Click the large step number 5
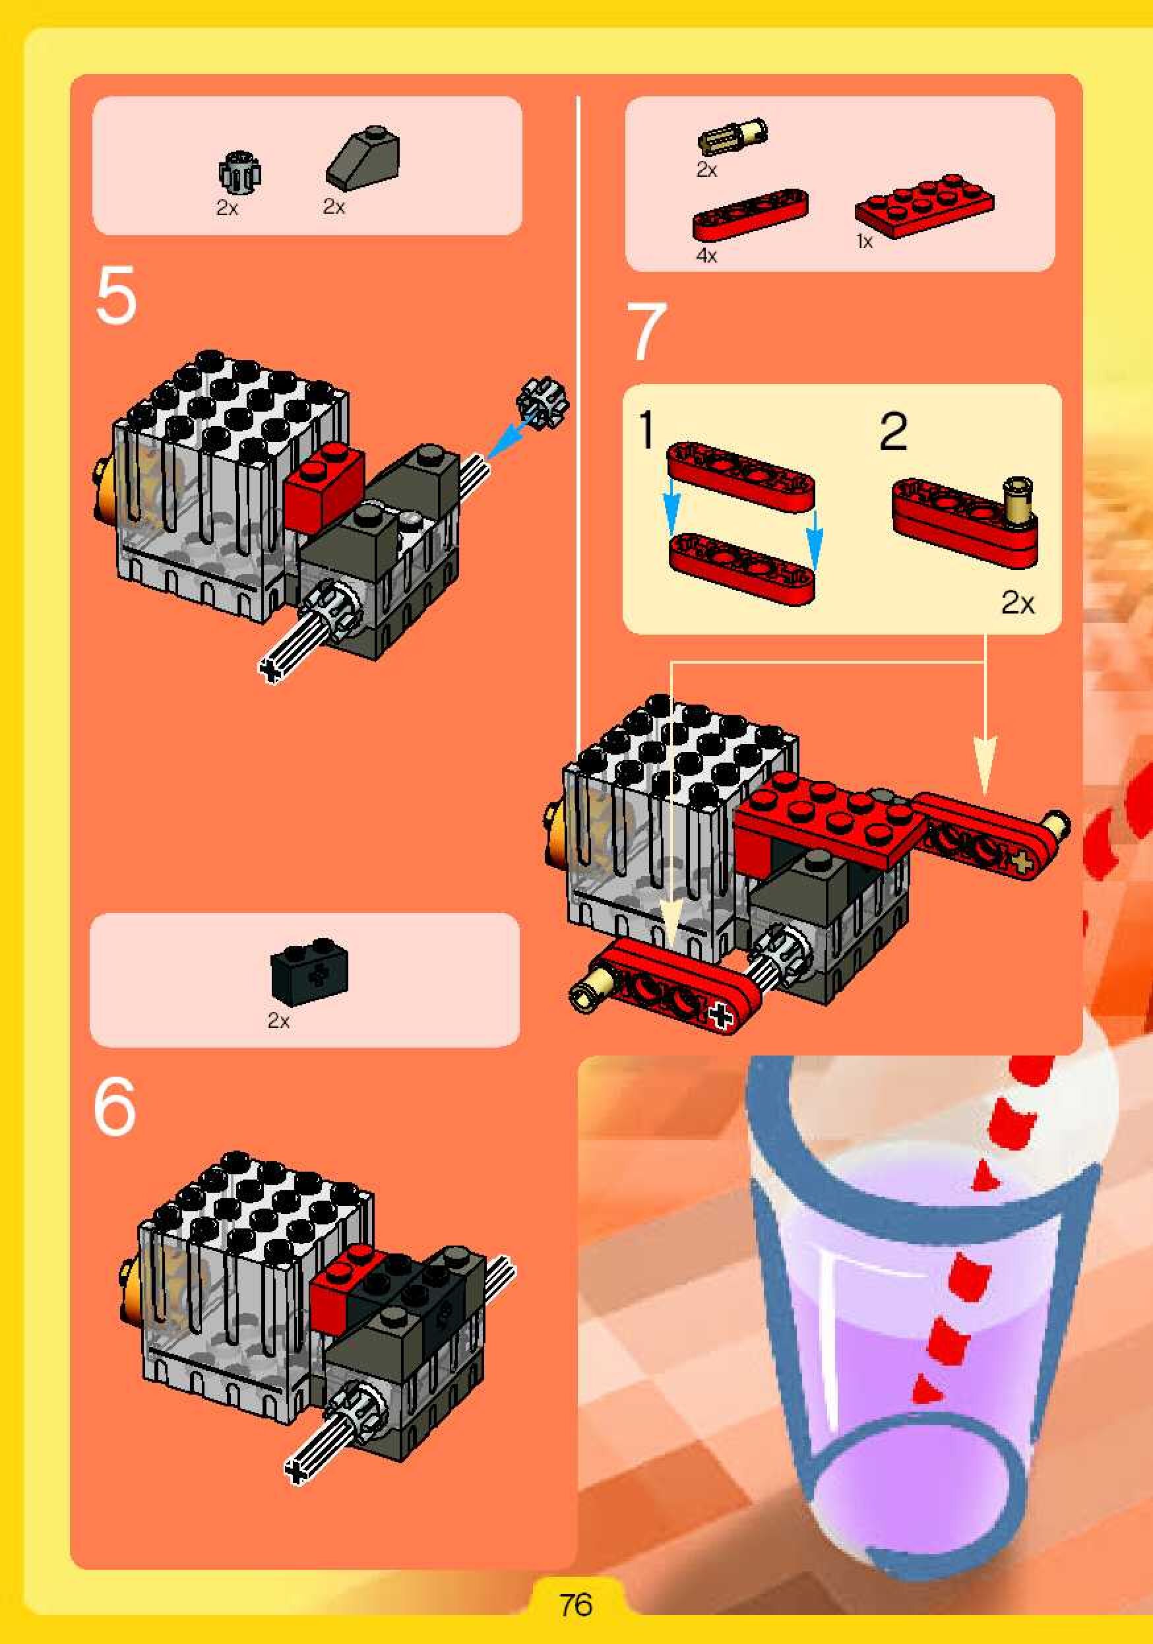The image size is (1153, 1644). [x=115, y=296]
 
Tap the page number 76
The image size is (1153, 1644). [x=576, y=1604]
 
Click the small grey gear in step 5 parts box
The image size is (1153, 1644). [x=239, y=173]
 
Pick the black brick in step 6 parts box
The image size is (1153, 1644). [x=309, y=970]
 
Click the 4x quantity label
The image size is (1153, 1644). [x=706, y=255]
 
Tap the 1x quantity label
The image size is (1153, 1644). [x=865, y=242]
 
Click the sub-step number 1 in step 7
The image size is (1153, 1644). [x=646, y=429]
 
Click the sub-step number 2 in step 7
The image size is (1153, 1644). [x=893, y=431]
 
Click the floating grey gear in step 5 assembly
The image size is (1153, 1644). [x=542, y=402]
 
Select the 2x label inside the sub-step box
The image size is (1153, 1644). [x=1018, y=602]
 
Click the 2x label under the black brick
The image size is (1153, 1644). [x=278, y=1021]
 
